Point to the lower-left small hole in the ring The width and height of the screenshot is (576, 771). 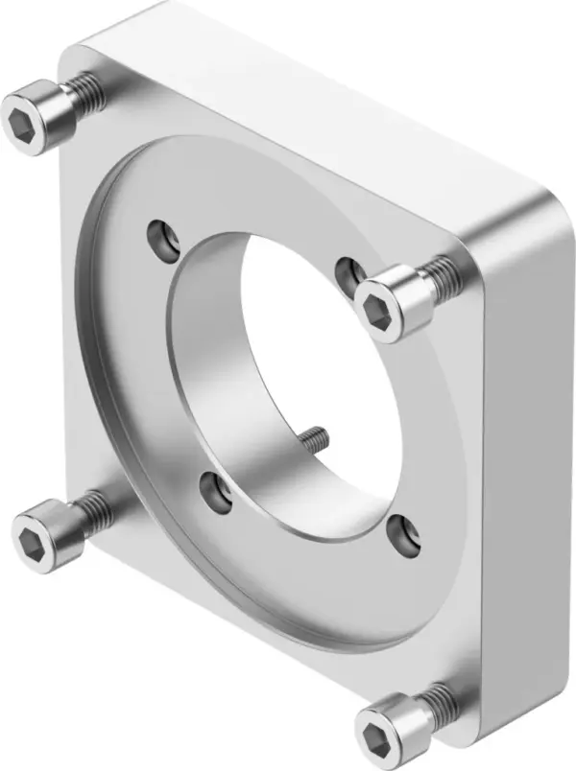(x=212, y=490)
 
